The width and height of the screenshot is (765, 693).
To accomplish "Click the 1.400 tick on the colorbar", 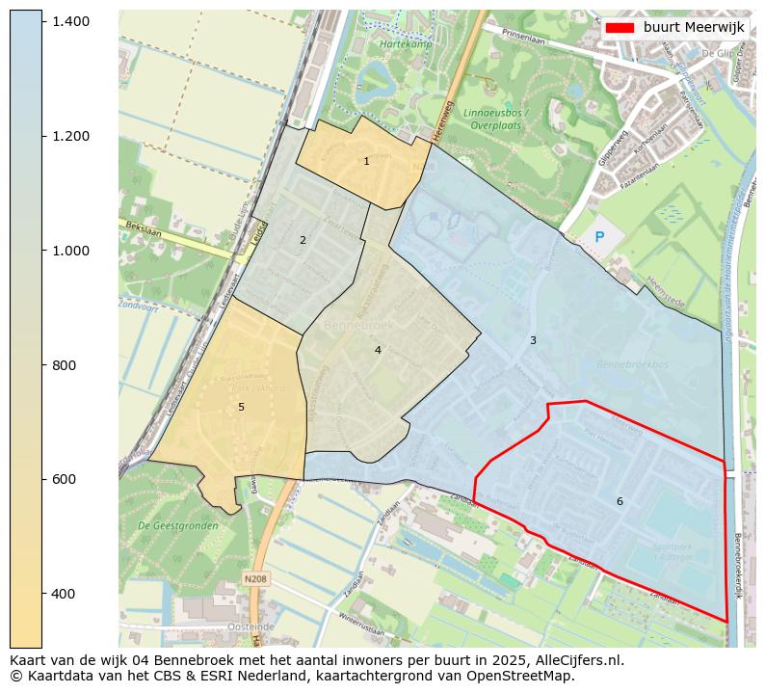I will tap(70, 21).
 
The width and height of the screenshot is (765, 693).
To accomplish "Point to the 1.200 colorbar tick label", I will tap(70, 136).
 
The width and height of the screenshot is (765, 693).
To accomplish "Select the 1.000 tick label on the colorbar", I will tap(70, 251).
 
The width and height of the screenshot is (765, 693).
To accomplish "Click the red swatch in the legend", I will tap(620, 28).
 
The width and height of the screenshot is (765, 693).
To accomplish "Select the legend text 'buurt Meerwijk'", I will tap(694, 28).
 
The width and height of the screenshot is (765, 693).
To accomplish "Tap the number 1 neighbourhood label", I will tap(366, 162).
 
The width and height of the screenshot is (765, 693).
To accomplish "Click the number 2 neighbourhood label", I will tap(303, 240).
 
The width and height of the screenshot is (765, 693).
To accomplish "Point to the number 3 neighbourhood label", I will tap(533, 340).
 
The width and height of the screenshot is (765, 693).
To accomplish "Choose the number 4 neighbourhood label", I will tap(378, 350).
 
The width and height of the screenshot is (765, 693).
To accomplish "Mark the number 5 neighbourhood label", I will tap(241, 407).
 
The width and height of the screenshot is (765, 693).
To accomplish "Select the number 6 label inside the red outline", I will tap(620, 501).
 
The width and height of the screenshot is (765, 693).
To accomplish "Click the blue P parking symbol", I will tap(599, 237).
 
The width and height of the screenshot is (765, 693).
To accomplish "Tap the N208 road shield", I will tap(255, 578).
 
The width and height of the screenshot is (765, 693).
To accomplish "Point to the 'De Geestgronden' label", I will tap(171, 526).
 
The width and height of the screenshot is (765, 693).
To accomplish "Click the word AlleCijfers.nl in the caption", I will tap(570, 661).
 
